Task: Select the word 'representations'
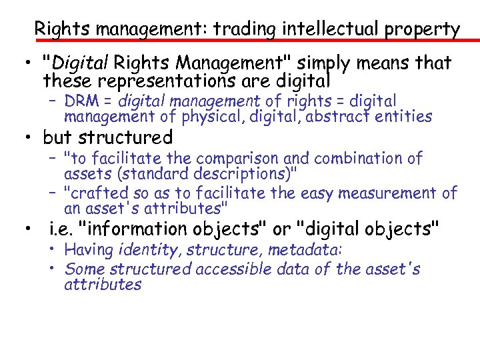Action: click(154, 81)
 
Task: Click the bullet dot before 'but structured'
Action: click(29, 139)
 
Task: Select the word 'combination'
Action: click(359, 159)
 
